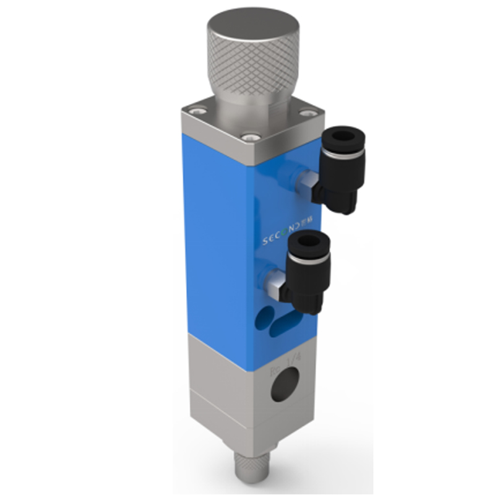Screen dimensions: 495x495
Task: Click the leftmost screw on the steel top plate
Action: click(x=197, y=111)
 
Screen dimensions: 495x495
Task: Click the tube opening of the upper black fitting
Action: click(x=338, y=136)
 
